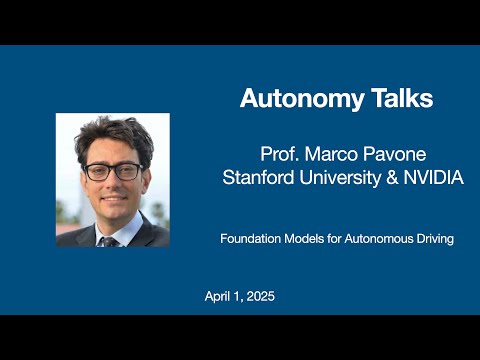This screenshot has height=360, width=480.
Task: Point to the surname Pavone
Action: pyautogui.click(x=399, y=157)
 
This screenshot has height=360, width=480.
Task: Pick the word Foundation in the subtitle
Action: pyautogui.click(x=251, y=239)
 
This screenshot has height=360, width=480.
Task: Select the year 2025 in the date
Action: pyautogui.click(x=259, y=297)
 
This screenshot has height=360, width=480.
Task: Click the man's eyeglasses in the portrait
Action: pyautogui.click(x=112, y=171)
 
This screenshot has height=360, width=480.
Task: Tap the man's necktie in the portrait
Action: pyautogui.click(x=110, y=241)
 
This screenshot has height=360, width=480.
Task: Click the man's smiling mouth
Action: pyautogui.click(x=112, y=203)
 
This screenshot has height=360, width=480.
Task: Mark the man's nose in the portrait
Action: pyautogui.click(x=112, y=185)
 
